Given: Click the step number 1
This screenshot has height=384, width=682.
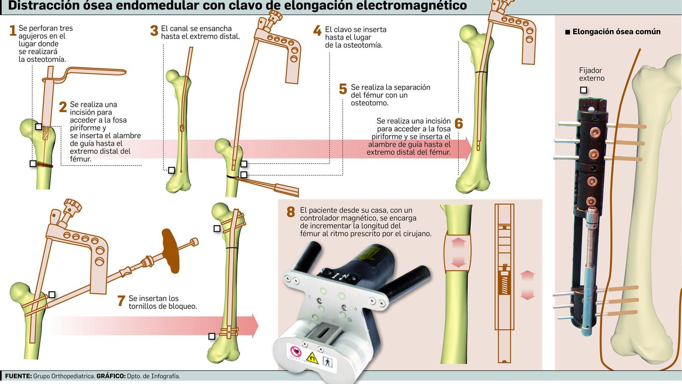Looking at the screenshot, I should [12, 31].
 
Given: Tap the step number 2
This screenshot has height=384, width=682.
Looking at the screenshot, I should [63, 107].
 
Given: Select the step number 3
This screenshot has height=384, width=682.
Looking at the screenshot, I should [154, 31].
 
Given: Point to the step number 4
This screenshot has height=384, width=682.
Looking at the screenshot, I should [317, 31].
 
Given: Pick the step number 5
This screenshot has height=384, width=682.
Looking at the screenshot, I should [343, 89].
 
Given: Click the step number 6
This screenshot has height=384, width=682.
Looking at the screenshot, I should [459, 124].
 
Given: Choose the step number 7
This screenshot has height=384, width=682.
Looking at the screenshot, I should [121, 301].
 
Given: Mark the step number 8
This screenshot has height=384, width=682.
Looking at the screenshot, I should [291, 212].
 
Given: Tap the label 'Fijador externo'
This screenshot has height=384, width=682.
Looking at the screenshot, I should [591, 74].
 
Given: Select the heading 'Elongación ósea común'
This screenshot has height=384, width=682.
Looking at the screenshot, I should [616, 32].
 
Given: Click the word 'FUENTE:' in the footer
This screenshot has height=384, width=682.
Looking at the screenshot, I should [18, 376].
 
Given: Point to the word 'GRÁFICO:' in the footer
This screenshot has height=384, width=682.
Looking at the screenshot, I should [111, 376].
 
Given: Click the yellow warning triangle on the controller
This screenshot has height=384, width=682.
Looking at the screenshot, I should [312, 358].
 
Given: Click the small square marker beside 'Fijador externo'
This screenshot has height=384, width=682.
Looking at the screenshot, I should [584, 90].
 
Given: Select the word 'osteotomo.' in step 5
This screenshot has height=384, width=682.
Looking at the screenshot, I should [370, 103].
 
